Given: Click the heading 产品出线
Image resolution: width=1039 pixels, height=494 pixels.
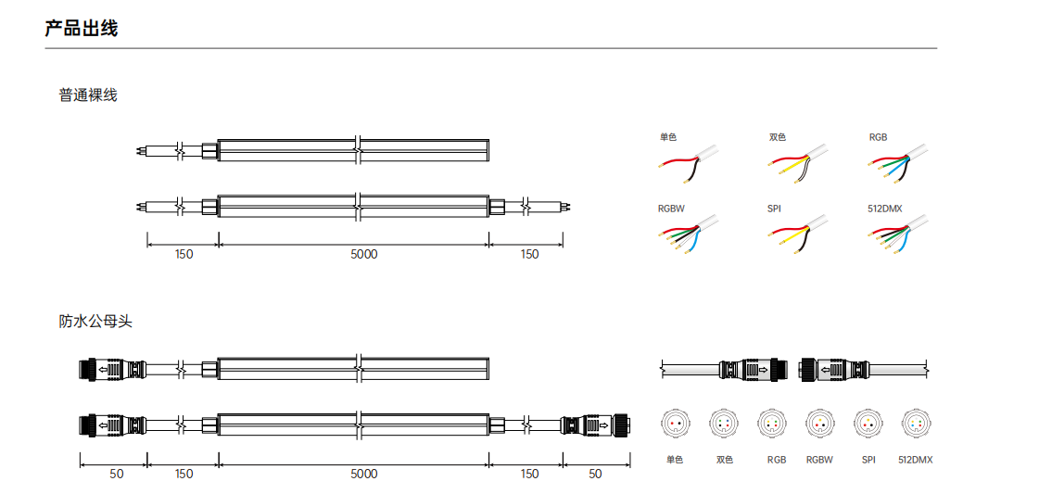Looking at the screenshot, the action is (x=81, y=29).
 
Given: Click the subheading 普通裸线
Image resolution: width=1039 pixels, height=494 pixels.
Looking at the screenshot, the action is (x=87, y=95).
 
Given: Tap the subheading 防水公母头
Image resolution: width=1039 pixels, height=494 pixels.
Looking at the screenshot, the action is (x=95, y=322).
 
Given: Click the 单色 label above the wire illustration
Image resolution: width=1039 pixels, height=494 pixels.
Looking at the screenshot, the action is (x=668, y=137).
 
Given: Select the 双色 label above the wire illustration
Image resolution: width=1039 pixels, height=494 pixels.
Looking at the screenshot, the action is (x=778, y=137).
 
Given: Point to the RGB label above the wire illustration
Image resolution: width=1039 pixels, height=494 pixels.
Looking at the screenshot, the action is (x=878, y=137).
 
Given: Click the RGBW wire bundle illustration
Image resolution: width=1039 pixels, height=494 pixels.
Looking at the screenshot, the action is (x=691, y=234).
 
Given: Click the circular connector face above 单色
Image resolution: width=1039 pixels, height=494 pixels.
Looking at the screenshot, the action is (x=675, y=423).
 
